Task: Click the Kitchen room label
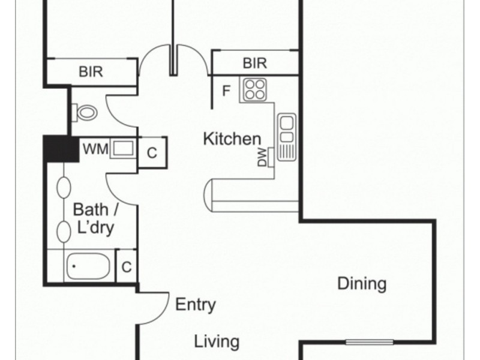(232, 139)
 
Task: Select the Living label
(217, 342)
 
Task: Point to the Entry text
(195, 305)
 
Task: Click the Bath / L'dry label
(92, 219)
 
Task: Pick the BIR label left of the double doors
(91, 72)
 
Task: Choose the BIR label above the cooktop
(254, 63)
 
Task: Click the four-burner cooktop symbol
(254, 90)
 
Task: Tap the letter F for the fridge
(226, 91)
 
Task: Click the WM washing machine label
(95, 149)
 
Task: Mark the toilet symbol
(85, 112)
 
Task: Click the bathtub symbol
(88, 266)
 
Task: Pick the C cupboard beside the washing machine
(152, 152)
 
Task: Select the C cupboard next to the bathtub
(127, 266)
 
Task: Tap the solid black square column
(61, 149)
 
